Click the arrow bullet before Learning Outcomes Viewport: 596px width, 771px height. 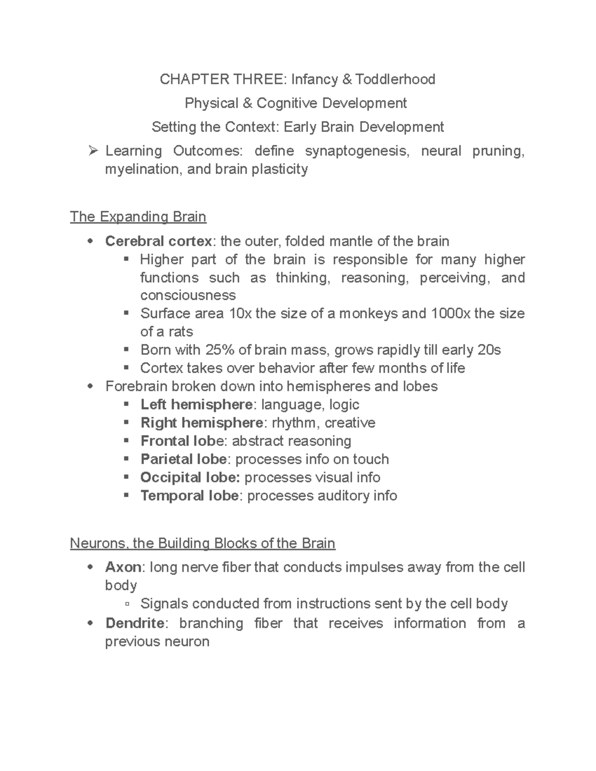[x=92, y=150]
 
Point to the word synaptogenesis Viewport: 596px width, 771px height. [x=358, y=150]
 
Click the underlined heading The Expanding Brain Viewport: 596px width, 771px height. [x=138, y=217]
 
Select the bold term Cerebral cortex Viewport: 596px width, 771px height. [x=158, y=241]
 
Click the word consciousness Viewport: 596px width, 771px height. [x=188, y=295]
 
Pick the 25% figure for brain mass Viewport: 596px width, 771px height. [x=219, y=350]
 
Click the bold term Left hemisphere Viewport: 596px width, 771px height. [x=196, y=405]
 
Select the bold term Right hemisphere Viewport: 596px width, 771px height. [x=202, y=423]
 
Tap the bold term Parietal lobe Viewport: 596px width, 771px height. [x=184, y=459]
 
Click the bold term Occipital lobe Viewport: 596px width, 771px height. [x=190, y=478]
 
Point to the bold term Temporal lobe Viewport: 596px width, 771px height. [x=189, y=495]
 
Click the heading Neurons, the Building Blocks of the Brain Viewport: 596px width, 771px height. [x=203, y=544]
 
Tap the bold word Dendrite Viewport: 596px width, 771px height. [x=135, y=623]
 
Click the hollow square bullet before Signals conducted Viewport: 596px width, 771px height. [x=128, y=604]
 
